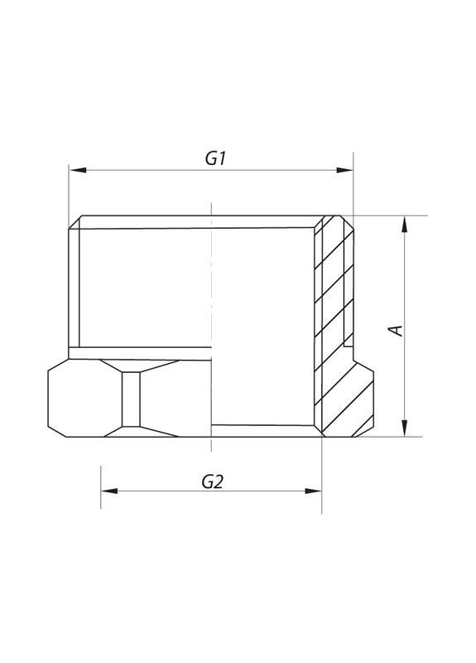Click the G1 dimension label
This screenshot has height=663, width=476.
coord(215,158)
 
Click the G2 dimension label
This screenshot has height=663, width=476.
coord(213,482)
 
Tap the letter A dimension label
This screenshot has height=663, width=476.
coord(397,330)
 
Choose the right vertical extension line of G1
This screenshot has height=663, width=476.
coord(353,186)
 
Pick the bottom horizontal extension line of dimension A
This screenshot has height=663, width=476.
coord(389,437)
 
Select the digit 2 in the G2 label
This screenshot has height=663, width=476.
coord(220,482)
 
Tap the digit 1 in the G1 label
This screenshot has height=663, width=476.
coord(223,158)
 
